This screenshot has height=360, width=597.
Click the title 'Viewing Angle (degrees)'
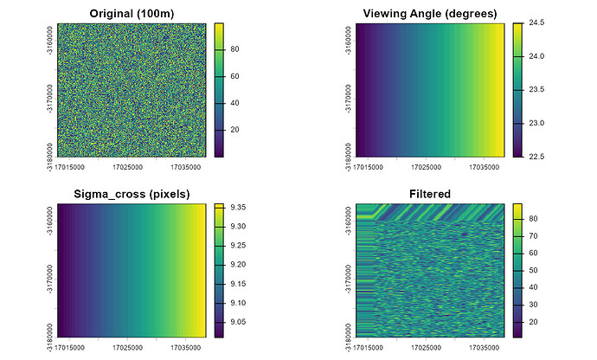pyautogui.click(x=430, y=13)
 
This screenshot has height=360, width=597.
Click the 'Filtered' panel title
pyautogui.click(x=430, y=193)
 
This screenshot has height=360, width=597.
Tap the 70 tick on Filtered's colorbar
pyautogui.click(x=534, y=235)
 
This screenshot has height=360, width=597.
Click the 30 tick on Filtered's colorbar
pyautogui.click(x=534, y=304)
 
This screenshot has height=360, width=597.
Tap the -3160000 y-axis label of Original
pyautogui.click(x=49, y=39)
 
